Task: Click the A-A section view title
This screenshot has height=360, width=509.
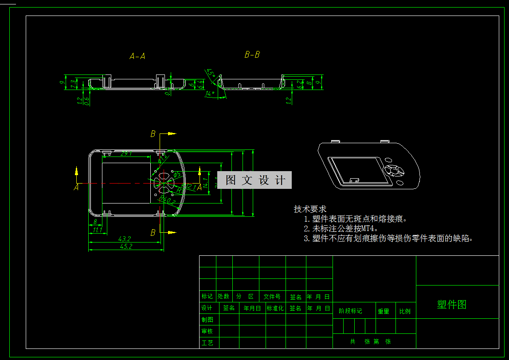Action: [137, 56]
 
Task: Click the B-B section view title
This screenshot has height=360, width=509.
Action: [252, 55]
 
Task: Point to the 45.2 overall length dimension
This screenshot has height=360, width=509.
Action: [126, 247]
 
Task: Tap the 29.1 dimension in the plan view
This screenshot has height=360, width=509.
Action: [126, 153]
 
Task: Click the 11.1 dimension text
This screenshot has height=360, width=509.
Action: [97, 230]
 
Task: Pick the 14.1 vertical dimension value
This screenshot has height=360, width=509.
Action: [205, 182]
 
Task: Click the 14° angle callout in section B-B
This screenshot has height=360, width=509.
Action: [211, 94]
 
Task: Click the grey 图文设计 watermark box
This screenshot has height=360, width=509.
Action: [254, 180]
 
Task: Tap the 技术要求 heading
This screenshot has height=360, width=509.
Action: [310, 209]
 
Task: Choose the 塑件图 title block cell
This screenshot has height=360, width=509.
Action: [451, 305]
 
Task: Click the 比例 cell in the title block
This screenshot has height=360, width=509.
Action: [405, 311]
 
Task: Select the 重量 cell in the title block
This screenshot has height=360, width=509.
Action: [384, 311]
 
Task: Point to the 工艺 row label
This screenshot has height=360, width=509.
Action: [207, 343]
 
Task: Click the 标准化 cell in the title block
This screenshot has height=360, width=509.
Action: [275, 308]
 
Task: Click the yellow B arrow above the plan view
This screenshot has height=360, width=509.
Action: [172, 133]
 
